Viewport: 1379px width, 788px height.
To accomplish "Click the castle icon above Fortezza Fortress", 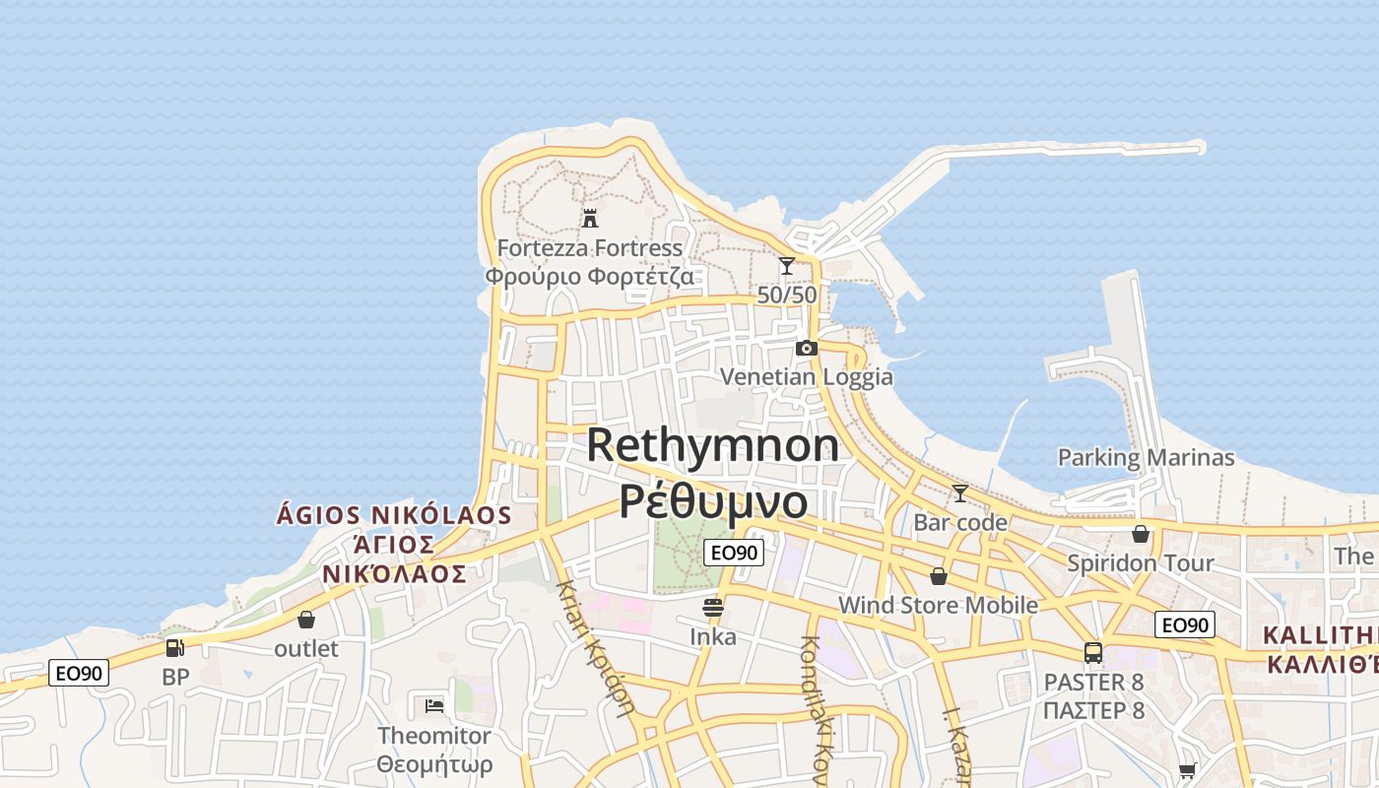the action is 590,218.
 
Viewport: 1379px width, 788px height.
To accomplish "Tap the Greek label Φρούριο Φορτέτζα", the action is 589,276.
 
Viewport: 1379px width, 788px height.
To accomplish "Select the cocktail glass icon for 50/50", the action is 786,266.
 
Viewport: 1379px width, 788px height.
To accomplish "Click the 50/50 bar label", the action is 787,295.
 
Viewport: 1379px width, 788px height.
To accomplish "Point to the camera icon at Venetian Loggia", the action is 807,348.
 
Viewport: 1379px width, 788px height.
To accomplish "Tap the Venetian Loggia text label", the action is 807,376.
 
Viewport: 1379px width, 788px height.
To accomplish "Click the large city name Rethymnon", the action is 713,445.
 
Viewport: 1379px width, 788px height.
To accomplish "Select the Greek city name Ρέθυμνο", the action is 713,500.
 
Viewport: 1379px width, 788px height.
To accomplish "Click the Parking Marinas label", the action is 1146,457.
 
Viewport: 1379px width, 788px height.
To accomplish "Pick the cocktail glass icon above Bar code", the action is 960,492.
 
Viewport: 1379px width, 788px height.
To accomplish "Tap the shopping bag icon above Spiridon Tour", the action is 1141,534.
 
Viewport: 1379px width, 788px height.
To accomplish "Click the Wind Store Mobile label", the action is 938,605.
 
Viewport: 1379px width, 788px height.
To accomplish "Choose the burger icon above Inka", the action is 713,607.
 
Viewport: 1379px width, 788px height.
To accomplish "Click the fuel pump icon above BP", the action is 174,648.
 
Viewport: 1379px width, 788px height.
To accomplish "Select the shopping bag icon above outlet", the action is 306,620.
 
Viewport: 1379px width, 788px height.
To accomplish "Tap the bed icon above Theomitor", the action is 434,705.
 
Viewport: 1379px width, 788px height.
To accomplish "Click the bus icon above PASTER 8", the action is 1093,652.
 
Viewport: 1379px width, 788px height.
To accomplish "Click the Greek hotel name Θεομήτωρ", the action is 434,764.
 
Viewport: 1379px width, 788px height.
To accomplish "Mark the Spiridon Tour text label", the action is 1141,563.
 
